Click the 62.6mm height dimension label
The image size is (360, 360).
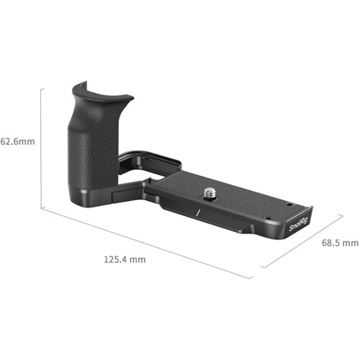click(x=17, y=142)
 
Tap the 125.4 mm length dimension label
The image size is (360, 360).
click(x=125, y=259)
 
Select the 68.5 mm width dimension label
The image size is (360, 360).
click(x=340, y=243)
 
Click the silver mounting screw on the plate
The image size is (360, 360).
click(x=209, y=193)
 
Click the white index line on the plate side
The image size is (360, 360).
click(x=198, y=213)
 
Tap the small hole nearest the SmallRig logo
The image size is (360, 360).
click(x=268, y=218)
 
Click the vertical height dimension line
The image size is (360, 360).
click(x=41, y=148)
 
